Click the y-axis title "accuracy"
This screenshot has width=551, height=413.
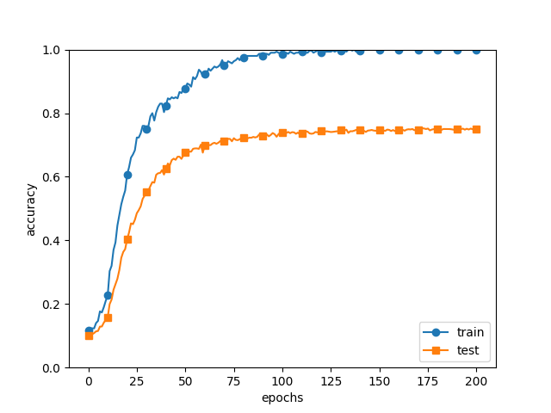tap(31, 209)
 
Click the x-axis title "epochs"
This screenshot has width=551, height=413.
tap(282, 398)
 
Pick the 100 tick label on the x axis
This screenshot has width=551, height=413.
tap(282, 381)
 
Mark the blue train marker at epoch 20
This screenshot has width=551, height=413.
tap(127, 175)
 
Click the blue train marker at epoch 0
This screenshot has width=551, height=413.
tap(89, 330)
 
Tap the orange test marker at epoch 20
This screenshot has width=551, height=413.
tap(127, 239)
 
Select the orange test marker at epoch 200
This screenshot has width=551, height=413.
tap(476, 129)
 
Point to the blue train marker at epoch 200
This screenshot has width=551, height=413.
tap(476, 50)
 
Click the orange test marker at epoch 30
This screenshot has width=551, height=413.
tap(146, 192)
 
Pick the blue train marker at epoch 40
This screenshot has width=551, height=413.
tap(166, 106)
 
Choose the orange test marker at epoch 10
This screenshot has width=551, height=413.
tap(108, 317)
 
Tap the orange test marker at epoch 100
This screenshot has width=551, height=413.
tap(282, 133)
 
